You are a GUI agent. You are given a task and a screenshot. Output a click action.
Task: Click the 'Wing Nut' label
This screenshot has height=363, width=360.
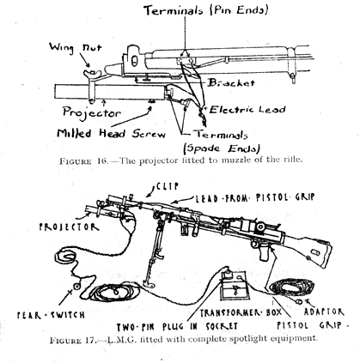[x=76, y=47]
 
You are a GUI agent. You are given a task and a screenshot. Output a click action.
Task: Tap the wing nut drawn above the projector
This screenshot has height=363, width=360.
[x=93, y=74]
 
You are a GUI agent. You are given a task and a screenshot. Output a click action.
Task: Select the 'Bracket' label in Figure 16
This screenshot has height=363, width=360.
[x=231, y=83]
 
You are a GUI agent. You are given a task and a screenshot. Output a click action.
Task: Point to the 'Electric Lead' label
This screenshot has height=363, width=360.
[x=247, y=110]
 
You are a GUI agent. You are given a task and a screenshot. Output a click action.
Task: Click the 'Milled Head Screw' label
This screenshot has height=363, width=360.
[x=112, y=133]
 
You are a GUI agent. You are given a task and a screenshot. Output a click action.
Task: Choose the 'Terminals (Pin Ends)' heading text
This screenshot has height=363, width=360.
[x=206, y=10]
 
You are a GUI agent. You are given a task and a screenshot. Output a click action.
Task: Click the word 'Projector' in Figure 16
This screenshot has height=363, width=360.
[x=92, y=112]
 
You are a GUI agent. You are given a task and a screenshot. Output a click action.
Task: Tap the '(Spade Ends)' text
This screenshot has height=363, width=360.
[x=222, y=148]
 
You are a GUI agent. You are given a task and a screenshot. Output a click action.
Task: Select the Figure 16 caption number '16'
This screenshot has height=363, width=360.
[x=101, y=160]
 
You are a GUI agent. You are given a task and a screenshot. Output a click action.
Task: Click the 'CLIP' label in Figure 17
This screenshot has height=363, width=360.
[x=168, y=186]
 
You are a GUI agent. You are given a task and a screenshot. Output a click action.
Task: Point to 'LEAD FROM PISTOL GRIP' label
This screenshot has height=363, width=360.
[x=255, y=197]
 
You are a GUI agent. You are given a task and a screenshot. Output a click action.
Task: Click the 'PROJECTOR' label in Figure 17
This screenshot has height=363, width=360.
[x=69, y=227]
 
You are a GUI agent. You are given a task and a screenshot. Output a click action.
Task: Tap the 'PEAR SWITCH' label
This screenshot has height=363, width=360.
[x=51, y=315]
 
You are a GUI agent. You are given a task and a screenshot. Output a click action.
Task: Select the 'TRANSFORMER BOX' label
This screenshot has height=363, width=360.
[x=241, y=312]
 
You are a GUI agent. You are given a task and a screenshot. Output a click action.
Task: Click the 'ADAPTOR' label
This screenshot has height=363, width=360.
[x=324, y=312]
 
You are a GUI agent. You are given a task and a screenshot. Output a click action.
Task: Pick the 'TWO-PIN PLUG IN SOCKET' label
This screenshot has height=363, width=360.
[x=177, y=326]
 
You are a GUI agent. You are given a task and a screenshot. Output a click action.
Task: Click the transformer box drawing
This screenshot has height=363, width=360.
[x=234, y=286]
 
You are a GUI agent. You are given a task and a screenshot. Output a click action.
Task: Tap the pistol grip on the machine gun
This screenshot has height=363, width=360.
[x=265, y=252]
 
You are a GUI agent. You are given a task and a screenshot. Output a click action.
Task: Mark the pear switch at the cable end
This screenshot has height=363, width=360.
[x=76, y=286]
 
